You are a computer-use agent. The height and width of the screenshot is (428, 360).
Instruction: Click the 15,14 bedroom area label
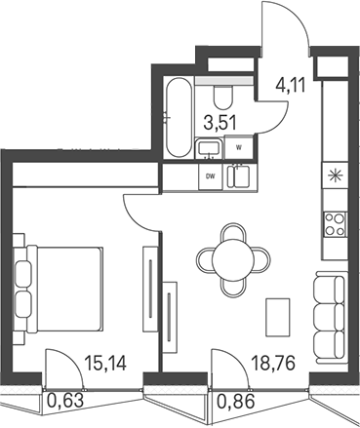coord(105,363)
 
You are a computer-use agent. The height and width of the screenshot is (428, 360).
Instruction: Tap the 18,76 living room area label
coord(274,363)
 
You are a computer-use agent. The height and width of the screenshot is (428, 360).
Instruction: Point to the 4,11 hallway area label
coord(290,86)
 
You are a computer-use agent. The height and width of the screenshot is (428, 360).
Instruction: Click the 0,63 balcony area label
coord(65,400)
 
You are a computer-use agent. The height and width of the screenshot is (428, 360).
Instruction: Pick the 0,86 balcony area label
coord(235,402)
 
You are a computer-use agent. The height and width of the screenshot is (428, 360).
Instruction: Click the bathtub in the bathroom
coord(178,117)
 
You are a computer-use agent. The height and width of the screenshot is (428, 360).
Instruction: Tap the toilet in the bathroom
coord(223,97)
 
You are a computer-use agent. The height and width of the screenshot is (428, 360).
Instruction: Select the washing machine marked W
coord(239,147)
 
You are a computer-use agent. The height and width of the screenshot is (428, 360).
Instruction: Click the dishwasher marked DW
coord(211,176)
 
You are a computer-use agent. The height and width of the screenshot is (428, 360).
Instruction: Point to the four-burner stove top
coord(335,224)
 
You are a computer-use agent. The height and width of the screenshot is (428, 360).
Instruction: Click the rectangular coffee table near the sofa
coord(278,317)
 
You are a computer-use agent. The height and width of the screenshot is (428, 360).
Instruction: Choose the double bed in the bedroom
coord(59,290)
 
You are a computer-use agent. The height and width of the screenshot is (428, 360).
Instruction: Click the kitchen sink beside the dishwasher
coord(238,176)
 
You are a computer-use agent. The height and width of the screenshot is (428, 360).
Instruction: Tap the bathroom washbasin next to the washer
coord(210,149)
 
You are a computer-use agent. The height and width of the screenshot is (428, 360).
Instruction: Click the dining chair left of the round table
coord(206,258)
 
